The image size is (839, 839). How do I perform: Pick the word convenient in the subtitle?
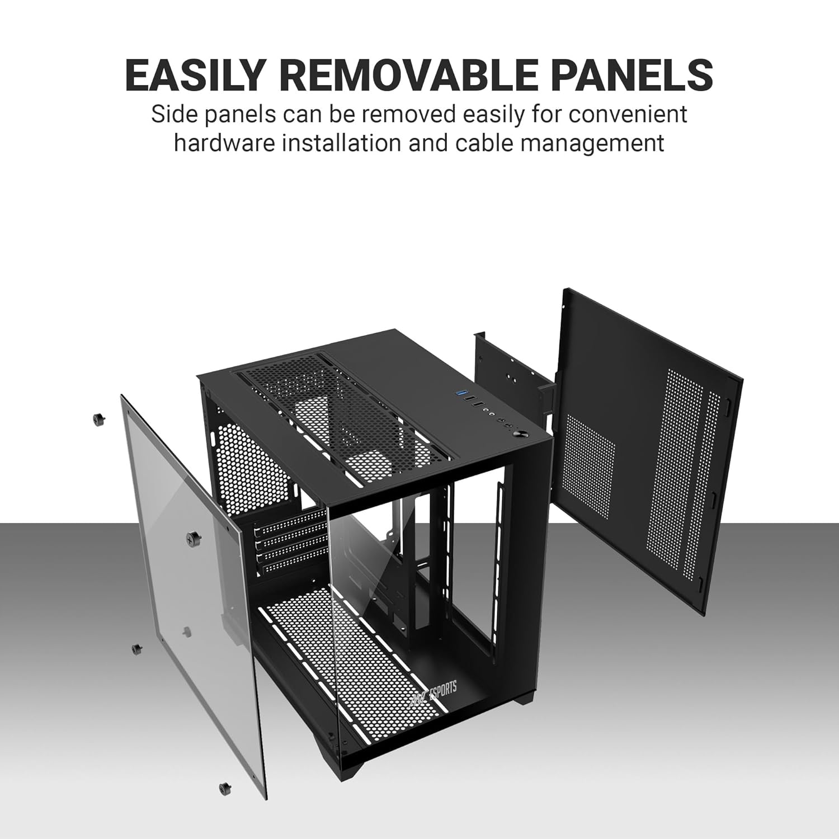pos(628,115)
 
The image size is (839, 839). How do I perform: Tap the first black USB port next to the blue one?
pos(473,402)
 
